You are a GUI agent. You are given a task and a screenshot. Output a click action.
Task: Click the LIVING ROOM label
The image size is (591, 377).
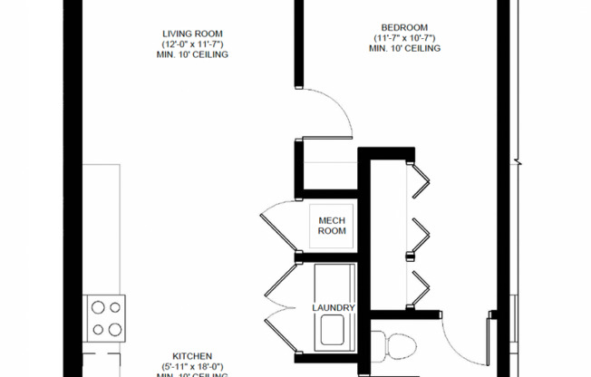(x=190, y=34)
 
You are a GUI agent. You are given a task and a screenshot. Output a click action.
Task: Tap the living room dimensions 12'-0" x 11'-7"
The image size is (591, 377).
(x=190, y=44)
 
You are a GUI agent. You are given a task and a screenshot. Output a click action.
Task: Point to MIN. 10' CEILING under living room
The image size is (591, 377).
(x=190, y=54)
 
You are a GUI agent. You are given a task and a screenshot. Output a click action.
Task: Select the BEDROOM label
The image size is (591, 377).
(x=404, y=27)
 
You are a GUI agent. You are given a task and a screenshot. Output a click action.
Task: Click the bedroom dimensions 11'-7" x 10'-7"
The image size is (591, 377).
(x=404, y=38)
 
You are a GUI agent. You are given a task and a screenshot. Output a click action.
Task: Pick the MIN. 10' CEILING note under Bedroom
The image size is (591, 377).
(x=404, y=48)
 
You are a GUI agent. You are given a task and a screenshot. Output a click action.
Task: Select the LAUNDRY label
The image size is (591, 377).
(x=334, y=308)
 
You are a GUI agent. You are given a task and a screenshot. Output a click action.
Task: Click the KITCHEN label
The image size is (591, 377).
(x=192, y=356)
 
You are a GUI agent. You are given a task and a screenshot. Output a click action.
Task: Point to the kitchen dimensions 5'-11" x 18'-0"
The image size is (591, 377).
(x=192, y=366)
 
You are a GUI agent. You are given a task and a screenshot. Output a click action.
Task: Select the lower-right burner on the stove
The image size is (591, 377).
(x=115, y=329)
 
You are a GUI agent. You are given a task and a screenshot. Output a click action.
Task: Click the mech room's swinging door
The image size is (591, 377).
(x=276, y=227)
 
